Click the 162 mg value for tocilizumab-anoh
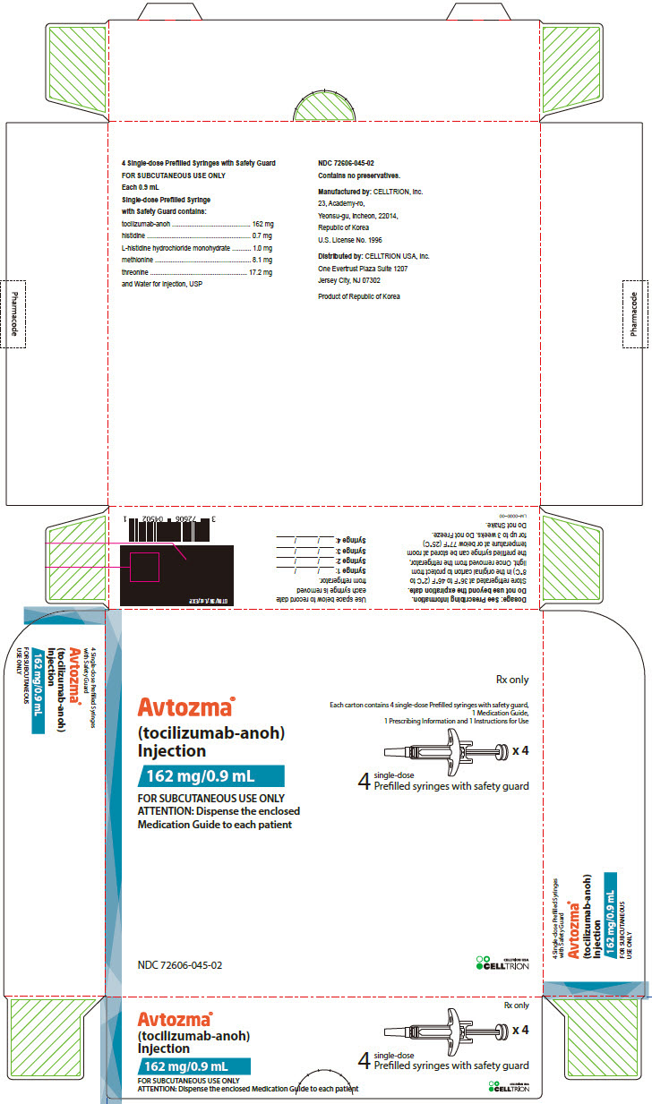(x=262, y=223)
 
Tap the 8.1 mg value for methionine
(x=262, y=258)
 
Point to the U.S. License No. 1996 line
(x=350, y=240)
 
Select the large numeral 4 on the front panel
(x=364, y=782)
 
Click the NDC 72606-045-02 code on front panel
(x=180, y=965)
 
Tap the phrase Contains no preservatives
(x=358, y=177)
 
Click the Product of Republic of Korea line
(x=359, y=295)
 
